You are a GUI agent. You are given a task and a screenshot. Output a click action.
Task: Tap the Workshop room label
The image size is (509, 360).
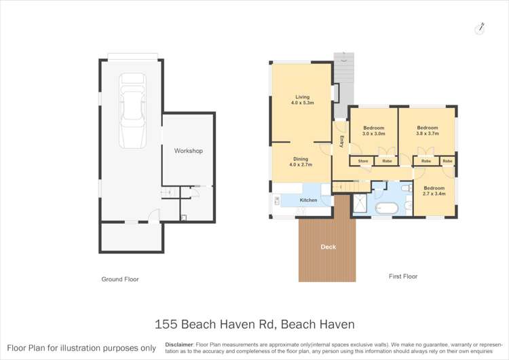[x=188, y=151]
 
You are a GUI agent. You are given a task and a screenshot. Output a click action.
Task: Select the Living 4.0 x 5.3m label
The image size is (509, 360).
[x=298, y=100]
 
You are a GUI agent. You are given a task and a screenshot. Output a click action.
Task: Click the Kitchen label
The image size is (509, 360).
[x=309, y=200]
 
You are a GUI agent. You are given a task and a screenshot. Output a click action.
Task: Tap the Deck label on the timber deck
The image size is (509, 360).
[x=328, y=247]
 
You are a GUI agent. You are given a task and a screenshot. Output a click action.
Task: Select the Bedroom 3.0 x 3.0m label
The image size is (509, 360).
[x=373, y=131]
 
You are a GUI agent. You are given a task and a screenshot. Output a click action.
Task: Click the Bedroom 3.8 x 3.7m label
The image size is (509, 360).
[x=427, y=130]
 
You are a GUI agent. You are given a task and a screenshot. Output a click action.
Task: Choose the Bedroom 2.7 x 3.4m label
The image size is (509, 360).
[x=434, y=191]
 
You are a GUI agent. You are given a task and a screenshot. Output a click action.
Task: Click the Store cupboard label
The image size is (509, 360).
[x=363, y=161]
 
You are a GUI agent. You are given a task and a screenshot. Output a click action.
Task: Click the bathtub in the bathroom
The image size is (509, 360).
[x=389, y=208]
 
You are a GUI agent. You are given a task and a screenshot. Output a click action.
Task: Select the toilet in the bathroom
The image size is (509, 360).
[x=405, y=188]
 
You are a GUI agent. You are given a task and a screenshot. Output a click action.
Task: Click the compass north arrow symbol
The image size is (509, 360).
[x=480, y=28]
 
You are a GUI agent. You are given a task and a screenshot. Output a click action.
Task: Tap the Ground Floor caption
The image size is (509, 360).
[x=119, y=279]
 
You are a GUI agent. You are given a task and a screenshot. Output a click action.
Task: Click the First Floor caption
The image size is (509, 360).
[x=402, y=276]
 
